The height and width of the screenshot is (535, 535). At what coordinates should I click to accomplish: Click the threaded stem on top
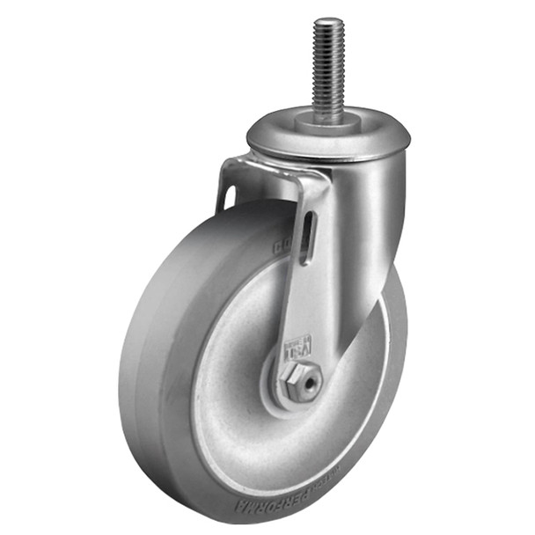coord(328,70)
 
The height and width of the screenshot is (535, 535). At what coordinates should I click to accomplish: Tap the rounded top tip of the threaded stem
coord(328,21)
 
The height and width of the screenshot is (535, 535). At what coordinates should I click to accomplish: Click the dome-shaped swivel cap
coord(327,139)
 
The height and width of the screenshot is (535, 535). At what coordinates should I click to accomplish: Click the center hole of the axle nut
coord(305,381)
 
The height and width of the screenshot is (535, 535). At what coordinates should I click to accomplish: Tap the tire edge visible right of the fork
coord(396,352)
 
